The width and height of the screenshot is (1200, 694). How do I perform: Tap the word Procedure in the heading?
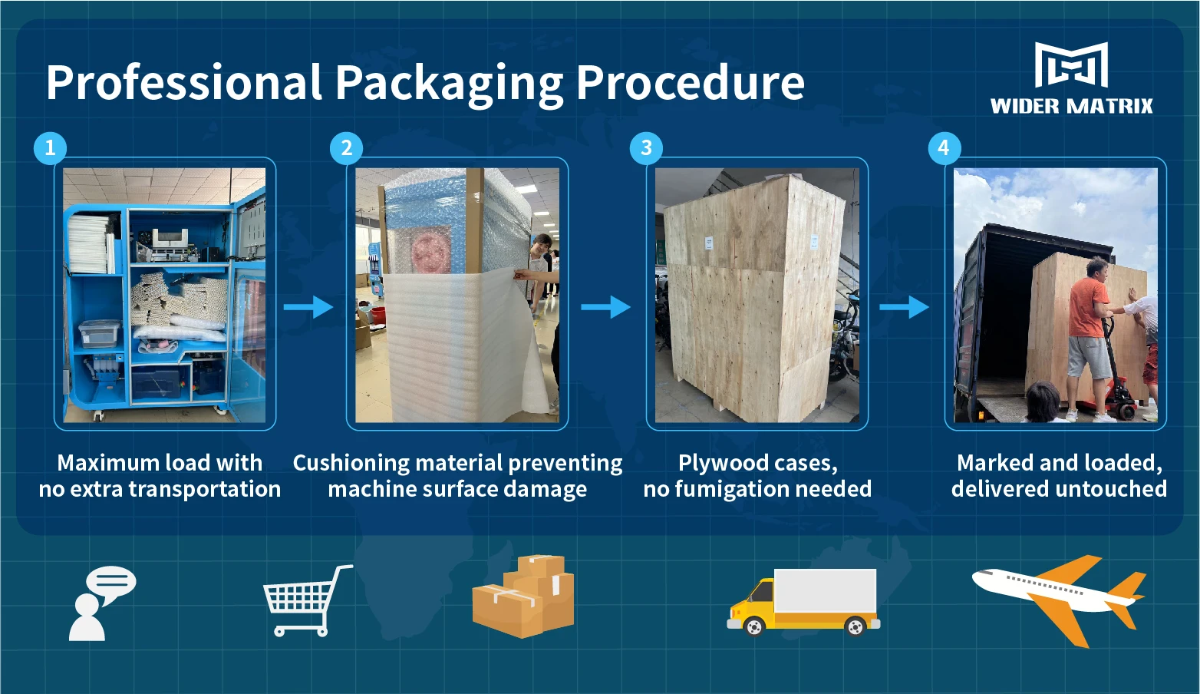click(x=690, y=83)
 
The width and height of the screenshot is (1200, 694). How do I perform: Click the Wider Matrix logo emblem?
click(x=1071, y=64)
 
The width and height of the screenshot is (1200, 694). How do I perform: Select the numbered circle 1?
click(x=50, y=147)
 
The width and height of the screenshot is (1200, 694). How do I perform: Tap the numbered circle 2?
click(x=346, y=147)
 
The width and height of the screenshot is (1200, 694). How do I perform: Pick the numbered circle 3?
click(x=646, y=147)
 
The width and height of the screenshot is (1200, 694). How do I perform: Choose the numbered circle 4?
click(x=943, y=147)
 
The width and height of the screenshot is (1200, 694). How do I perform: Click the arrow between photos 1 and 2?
click(x=308, y=307)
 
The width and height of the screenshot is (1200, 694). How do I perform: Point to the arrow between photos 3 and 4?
click(x=904, y=307)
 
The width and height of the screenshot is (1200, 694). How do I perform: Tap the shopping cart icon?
click(x=305, y=600)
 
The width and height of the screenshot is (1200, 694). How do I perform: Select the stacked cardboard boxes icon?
click(x=523, y=597)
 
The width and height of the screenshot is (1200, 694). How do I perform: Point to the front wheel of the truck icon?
click(x=755, y=627)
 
